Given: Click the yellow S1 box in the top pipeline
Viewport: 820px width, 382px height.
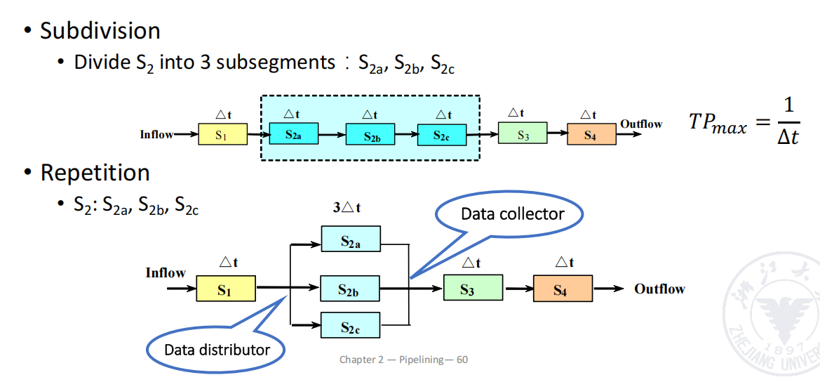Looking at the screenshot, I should coord(222,134).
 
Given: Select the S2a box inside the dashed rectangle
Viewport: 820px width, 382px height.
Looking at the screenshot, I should coord(294,133).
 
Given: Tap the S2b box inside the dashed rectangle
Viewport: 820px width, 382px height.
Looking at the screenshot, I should coord(372,134).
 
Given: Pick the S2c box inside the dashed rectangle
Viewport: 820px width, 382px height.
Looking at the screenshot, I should coord(443,134).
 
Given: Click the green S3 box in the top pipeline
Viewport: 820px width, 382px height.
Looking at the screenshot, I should coord(523,133).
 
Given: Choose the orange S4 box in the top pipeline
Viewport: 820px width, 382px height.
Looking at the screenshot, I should coord(591,134).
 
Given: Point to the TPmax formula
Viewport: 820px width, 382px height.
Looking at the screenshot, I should coord(744,122).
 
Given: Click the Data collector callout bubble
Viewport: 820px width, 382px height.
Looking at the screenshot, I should coord(512,213).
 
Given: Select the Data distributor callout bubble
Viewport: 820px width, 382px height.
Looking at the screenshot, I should coord(217,348).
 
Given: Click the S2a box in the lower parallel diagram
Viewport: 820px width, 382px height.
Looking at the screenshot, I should coord(351,239).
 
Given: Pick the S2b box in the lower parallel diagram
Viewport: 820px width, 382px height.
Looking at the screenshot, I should coord(350,288).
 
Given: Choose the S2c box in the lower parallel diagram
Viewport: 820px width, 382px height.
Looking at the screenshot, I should coord(350,326).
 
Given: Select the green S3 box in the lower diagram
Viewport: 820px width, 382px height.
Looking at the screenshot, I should coord(473,288).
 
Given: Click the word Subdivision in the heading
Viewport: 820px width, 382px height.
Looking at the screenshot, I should coord(100,31).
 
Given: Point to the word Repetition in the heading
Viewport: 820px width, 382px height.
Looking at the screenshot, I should coord(95,173).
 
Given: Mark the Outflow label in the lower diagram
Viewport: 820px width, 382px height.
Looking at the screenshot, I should coord(659,289).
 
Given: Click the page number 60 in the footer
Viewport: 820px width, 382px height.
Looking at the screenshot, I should coord(462,360).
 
